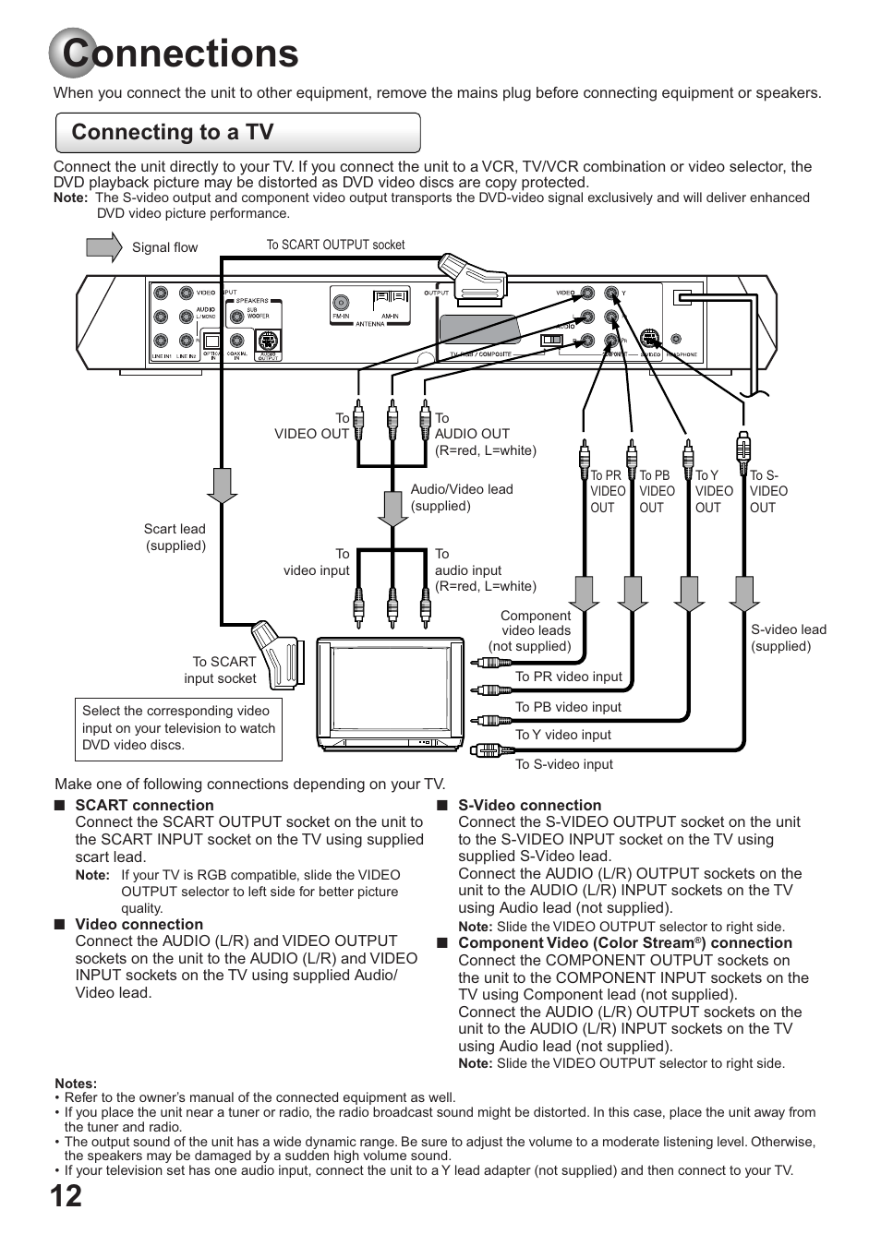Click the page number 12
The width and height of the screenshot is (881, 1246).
[66, 1196]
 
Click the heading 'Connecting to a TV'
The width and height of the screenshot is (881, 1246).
[173, 133]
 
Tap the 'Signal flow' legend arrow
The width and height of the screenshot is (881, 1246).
[103, 247]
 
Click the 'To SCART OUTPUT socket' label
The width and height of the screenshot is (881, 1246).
[335, 246]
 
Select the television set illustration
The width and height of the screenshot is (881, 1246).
[391, 693]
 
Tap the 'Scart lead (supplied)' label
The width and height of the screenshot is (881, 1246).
[175, 537]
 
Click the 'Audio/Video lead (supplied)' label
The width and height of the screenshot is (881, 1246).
[461, 497]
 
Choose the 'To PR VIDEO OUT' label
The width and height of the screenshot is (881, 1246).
[608, 491]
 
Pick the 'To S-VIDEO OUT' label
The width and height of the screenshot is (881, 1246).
[767, 491]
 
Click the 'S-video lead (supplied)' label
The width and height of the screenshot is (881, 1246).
[788, 638]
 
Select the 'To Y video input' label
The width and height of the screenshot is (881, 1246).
[563, 735]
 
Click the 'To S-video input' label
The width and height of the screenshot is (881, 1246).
[563, 764]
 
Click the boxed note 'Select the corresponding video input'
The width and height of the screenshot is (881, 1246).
[178, 728]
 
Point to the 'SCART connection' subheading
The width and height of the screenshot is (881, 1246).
[144, 806]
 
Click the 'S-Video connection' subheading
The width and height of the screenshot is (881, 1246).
[529, 806]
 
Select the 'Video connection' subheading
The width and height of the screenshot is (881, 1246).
[139, 925]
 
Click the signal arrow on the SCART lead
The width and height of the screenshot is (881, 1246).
[222, 485]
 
